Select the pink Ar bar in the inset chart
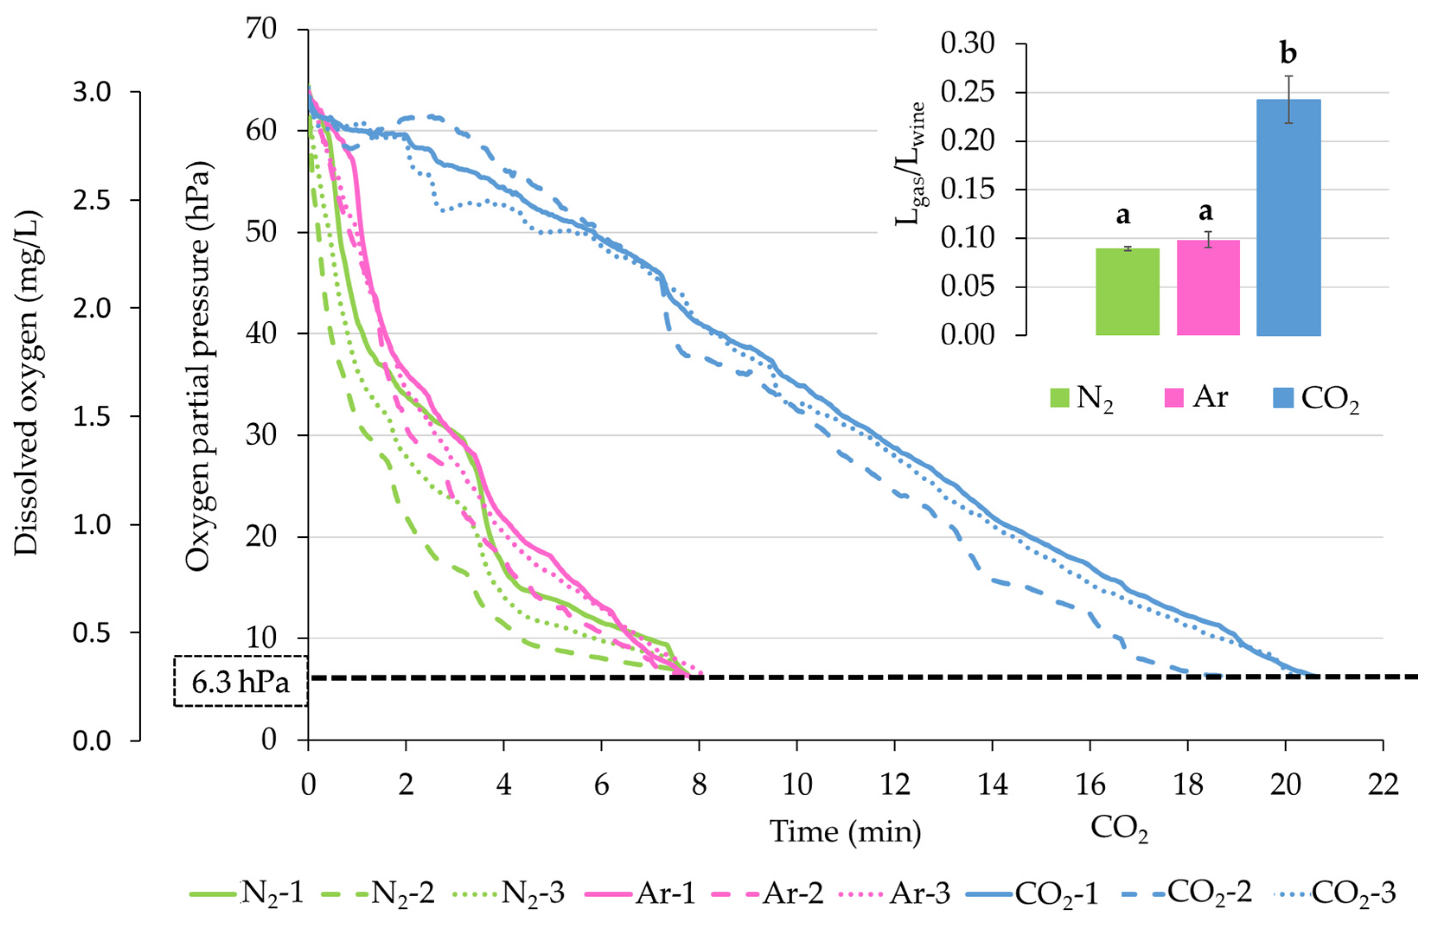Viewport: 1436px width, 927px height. [x=1208, y=288]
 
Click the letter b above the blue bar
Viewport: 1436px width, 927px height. [x=1288, y=54]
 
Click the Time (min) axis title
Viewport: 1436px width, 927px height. [x=845, y=832]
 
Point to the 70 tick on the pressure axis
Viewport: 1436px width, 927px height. [x=261, y=28]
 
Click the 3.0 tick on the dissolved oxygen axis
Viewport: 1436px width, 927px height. [x=92, y=92]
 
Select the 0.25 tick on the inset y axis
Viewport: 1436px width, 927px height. [x=967, y=92]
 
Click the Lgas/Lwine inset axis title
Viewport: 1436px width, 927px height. [x=909, y=164]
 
